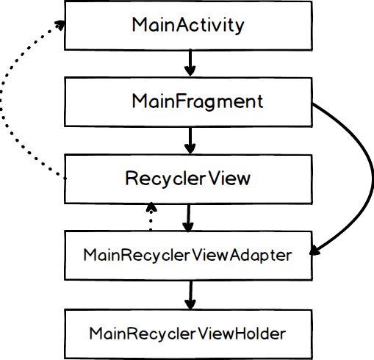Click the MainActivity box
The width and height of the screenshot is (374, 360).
tap(188, 24)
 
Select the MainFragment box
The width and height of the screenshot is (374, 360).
tap(188, 101)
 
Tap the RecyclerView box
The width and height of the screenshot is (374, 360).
tap(188, 179)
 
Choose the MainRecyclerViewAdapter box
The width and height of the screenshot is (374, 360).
tap(188, 256)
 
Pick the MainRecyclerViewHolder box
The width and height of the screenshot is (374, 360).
tap(188, 333)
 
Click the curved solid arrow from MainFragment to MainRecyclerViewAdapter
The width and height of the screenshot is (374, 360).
tap(363, 169)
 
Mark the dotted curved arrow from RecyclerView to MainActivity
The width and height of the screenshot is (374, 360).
tap(6, 103)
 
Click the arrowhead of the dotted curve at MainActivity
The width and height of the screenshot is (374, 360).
tap(57, 24)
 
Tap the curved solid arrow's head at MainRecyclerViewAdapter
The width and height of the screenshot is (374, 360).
tap(316, 252)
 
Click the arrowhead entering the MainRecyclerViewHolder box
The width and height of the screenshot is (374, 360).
tap(190, 303)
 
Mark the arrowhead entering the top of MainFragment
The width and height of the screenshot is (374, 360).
tap(190, 72)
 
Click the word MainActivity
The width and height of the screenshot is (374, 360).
tap(188, 24)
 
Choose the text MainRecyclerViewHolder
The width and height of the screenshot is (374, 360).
tap(188, 333)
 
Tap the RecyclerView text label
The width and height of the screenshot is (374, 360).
tap(188, 179)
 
